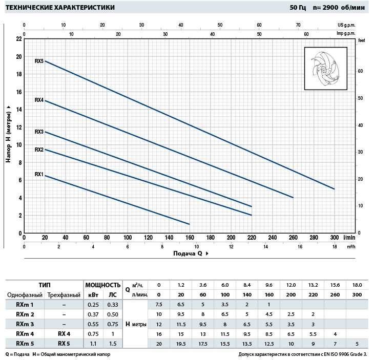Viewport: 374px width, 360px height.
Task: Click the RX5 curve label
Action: [x=39, y=61]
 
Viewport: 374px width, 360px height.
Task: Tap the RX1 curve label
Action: [x=39, y=174]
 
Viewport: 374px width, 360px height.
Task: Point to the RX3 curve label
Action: [x=39, y=132]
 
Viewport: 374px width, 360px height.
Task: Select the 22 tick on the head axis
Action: [x=19, y=39]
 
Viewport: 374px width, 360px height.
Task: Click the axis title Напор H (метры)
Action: [x=9, y=134]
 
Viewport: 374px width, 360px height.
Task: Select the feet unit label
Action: [x=362, y=39]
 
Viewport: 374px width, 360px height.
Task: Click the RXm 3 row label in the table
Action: [x=25, y=324]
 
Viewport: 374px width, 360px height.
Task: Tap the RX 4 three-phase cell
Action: [x=64, y=333]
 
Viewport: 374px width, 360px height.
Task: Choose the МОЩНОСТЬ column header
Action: [x=102, y=285]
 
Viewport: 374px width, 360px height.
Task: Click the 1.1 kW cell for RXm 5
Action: [x=93, y=343]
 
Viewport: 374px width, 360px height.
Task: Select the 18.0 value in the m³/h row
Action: [x=357, y=285]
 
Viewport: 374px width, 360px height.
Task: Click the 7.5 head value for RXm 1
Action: [x=159, y=305]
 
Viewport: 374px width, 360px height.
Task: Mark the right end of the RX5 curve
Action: [x=334, y=189]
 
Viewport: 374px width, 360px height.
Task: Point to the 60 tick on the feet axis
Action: [x=360, y=71]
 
